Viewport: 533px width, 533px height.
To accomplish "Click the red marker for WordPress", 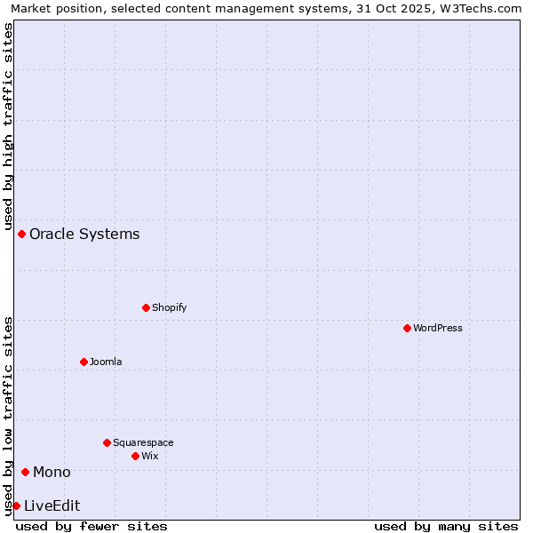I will pos(407,328).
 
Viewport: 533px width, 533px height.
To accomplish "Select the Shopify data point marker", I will pos(146,307).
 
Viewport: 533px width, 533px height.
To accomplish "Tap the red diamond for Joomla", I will pos(84,362).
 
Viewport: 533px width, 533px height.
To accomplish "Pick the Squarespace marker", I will pos(107,442).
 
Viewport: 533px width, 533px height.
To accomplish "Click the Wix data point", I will pos(135,456).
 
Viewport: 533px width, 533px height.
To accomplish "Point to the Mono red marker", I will pos(25,472).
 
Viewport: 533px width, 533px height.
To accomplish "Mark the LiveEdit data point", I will pos(16,505).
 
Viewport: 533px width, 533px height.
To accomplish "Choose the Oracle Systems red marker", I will pos(21,234).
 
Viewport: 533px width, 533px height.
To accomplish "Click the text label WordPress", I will pos(438,328).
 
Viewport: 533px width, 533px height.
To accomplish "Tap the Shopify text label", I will pos(169,307).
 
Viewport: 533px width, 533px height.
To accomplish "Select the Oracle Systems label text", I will pos(84,234).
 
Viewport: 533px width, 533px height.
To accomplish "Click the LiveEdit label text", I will pos(52,505).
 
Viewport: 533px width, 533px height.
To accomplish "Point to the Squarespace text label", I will pos(143,442).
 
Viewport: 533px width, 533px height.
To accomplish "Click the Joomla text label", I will pos(106,362).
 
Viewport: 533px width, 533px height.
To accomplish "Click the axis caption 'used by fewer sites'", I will pos(91,526).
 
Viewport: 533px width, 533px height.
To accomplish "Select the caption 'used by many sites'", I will pos(446,526).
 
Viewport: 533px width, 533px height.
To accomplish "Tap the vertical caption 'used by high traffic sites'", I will pos(9,126).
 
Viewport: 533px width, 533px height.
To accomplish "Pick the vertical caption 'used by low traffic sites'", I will pos(9,415).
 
